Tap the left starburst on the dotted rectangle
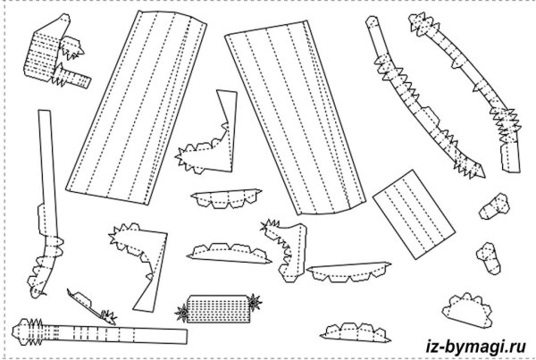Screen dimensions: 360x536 click(182, 312)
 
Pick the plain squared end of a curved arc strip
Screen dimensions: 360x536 click(510, 163)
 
